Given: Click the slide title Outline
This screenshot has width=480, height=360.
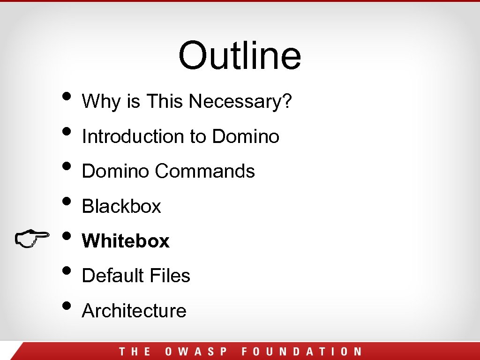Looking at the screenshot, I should click(240, 55).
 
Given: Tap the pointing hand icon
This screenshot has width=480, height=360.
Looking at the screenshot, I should click(32, 238).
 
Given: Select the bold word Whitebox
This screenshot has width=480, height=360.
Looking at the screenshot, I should click(126, 241).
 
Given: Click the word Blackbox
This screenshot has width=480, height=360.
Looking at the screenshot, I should click(121, 206).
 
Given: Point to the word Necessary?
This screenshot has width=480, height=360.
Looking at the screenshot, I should click(240, 101).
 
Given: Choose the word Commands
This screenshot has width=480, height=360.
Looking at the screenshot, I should click(205, 171).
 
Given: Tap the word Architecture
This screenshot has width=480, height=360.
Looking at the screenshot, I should click(134, 310).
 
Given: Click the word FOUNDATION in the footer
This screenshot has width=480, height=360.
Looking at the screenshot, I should click(301, 352).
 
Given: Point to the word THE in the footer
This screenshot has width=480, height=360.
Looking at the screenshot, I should click(135, 352).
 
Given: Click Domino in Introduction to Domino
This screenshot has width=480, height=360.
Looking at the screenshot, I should click(246, 136).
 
